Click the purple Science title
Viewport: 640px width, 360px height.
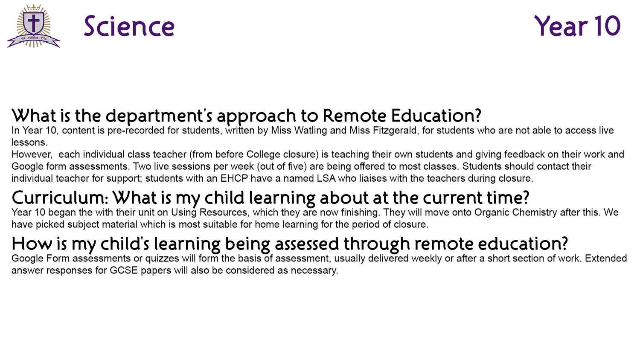click(x=129, y=26)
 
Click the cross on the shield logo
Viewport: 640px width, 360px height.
click(x=33, y=23)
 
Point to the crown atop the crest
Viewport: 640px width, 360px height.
click(x=33, y=8)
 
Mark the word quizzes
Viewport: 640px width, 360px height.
click(x=162, y=258)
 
